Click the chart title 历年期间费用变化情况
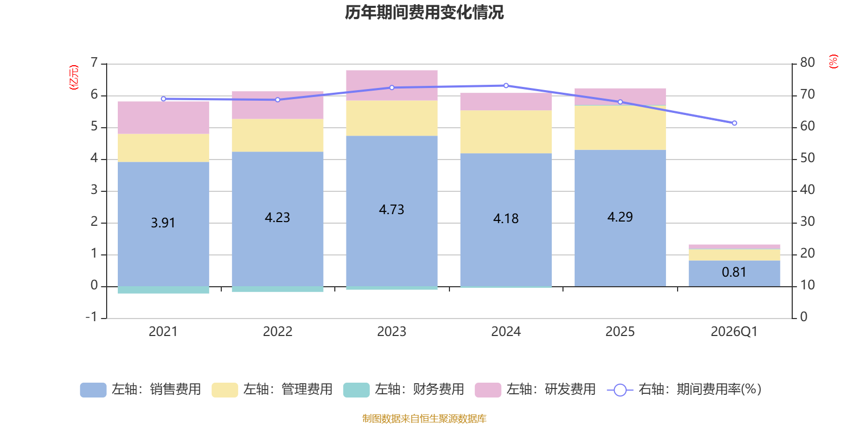pos(424,12)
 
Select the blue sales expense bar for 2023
pos(392,244)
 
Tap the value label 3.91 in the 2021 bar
pos(163,223)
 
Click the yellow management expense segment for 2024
pos(506,131)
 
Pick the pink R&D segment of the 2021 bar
pos(163,118)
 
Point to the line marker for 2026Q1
pos(734,123)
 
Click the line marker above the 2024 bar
pos(506,85)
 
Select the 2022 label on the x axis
pos(278,331)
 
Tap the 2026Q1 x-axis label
pos(734,331)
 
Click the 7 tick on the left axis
pos(94,63)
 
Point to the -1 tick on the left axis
pos(92,317)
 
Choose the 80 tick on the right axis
pos(807,63)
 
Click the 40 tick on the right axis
pos(807,190)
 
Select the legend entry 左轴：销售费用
pos(141,390)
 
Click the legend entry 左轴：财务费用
pos(404,390)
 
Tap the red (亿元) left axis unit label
pos(74,77)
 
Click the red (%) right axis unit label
pos(833,61)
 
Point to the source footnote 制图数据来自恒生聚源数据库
pos(424,419)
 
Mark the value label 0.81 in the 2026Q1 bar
pos(734,272)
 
